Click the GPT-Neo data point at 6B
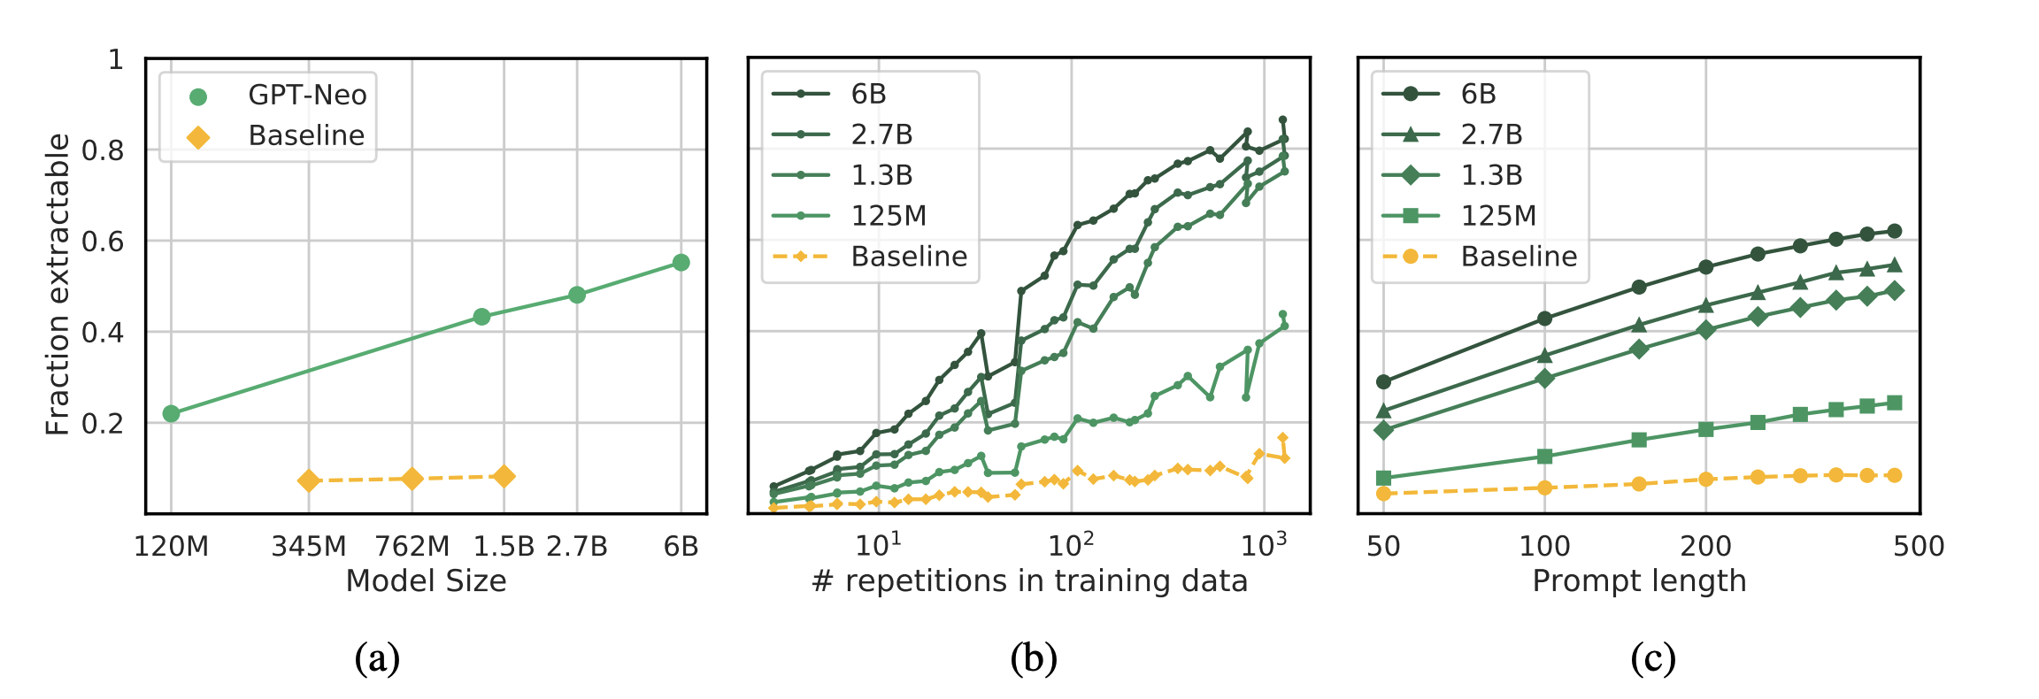[x=681, y=263]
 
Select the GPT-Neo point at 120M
[x=172, y=413]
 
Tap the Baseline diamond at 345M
[x=308, y=481]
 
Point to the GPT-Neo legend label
[x=307, y=95]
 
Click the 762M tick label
[x=412, y=547]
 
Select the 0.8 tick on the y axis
[x=103, y=150]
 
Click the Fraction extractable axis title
[x=58, y=285]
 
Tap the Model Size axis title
[x=426, y=581]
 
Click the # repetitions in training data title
[x=1029, y=581]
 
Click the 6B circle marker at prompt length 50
[x=1383, y=382]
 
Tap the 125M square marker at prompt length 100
[x=1544, y=457]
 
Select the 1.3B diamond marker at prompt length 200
[x=1705, y=330]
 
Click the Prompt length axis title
[x=1639, y=581]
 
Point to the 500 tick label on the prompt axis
[x=1919, y=547]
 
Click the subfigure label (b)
[x=1033, y=659]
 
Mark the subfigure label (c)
[x=1652, y=659]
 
